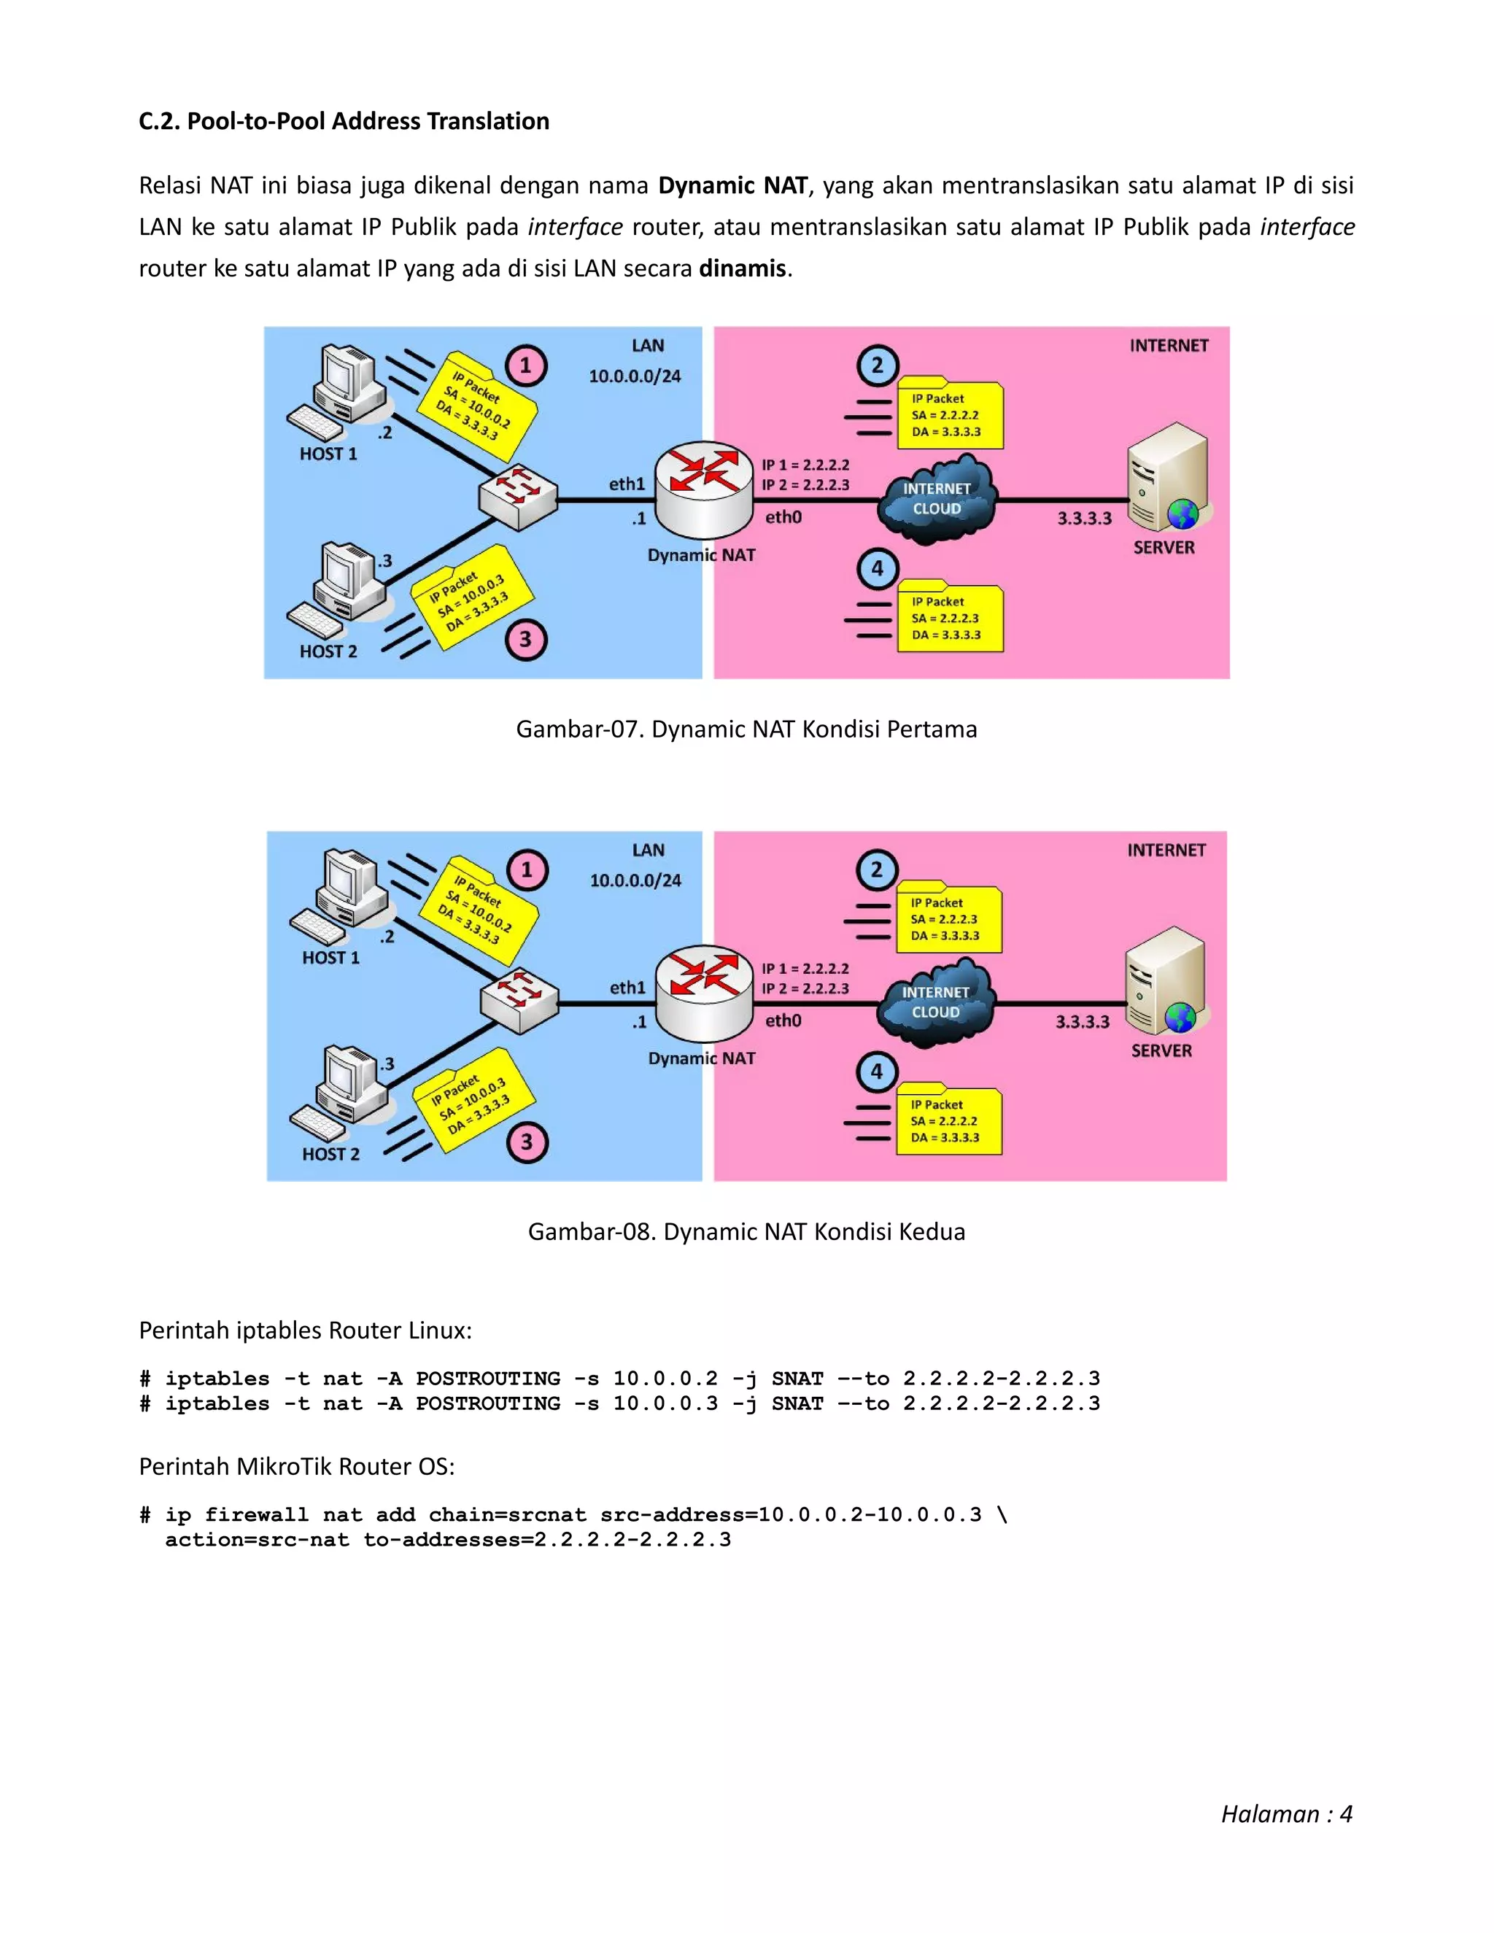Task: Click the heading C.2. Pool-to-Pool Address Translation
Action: point(344,121)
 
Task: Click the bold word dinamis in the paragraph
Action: point(742,268)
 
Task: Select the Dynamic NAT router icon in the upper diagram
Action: point(704,489)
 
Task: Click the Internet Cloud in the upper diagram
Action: point(937,499)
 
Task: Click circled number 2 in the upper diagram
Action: point(877,365)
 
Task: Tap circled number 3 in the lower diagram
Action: point(527,1142)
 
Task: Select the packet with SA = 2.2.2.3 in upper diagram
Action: point(950,618)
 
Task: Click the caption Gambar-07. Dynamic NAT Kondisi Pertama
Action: point(746,729)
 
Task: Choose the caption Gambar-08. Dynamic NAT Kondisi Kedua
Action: point(746,1232)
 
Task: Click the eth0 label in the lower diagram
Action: point(783,1020)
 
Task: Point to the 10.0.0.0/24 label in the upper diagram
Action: point(635,376)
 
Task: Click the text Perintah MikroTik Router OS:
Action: point(296,1467)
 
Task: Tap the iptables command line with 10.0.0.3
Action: point(619,1403)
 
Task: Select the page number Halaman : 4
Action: point(1286,1814)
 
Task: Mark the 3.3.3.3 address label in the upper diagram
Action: point(1084,519)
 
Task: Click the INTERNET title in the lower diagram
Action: point(1166,851)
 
